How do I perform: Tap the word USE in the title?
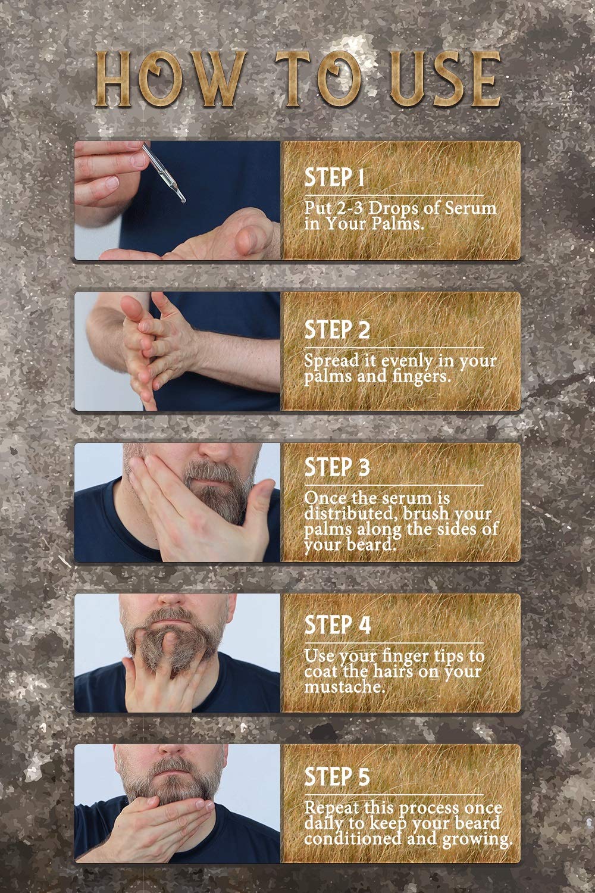tap(445, 79)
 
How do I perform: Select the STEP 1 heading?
tap(334, 177)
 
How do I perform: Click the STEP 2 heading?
tap(337, 330)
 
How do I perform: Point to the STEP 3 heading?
tap(337, 467)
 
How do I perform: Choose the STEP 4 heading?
tap(337, 625)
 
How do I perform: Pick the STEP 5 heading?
tap(337, 776)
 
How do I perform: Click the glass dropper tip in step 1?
tap(182, 199)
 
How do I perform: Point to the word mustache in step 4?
tap(345, 687)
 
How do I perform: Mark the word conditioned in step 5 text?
tap(353, 838)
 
